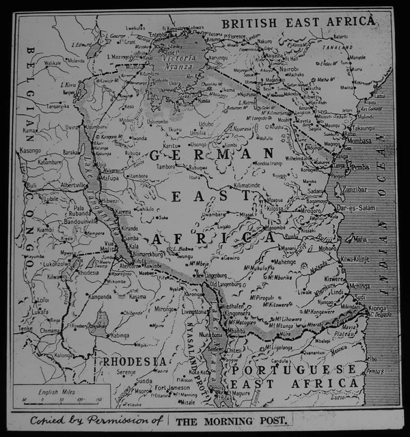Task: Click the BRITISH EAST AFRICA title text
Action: pyautogui.click(x=303, y=22)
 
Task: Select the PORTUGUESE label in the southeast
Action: pyautogui.click(x=295, y=369)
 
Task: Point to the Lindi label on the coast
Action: pyautogui.click(x=338, y=292)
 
